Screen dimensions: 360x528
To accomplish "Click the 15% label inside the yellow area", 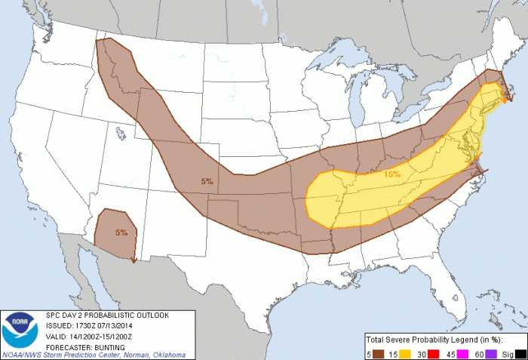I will coord(391,174).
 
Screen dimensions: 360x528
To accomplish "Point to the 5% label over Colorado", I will coord(207,181).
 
